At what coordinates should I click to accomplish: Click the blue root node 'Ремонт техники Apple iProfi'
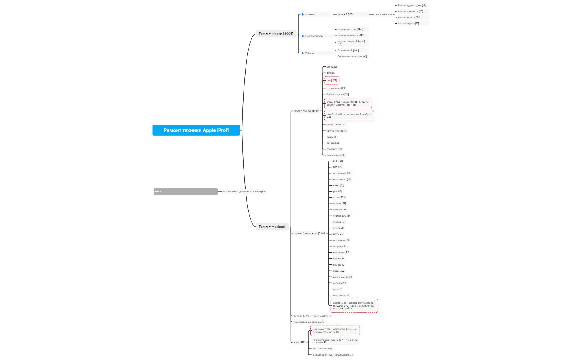click(x=196, y=130)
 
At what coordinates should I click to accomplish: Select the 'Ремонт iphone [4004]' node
click(x=276, y=34)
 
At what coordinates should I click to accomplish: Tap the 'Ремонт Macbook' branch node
click(x=272, y=227)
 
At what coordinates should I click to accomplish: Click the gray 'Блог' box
click(x=185, y=192)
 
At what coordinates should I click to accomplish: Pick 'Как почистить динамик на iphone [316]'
click(x=244, y=192)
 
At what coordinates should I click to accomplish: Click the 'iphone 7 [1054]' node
click(x=346, y=14)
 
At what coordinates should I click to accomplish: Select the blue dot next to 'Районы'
click(x=303, y=53)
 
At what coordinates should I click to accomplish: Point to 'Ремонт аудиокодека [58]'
click(x=412, y=5)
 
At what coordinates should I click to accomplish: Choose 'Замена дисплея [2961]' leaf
click(x=350, y=29)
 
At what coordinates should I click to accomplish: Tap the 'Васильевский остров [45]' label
click(x=352, y=56)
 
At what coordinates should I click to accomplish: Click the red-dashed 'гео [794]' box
click(x=332, y=81)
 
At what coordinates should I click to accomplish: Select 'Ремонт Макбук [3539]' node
click(x=306, y=111)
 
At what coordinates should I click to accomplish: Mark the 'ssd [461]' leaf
click(x=338, y=161)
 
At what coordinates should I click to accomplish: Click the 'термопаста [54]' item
click(x=342, y=216)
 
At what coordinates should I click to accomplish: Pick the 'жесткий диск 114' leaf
click(x=343, y=277)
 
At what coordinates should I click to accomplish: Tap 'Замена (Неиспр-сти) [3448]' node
click(x=310, y=233)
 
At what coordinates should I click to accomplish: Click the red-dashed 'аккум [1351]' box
click(x=354, y=306)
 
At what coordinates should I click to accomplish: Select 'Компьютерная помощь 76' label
click(x=309, y=322)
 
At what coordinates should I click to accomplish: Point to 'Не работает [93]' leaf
click(x=322, y=349)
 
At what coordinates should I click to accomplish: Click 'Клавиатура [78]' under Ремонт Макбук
click(x=335, y=155)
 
